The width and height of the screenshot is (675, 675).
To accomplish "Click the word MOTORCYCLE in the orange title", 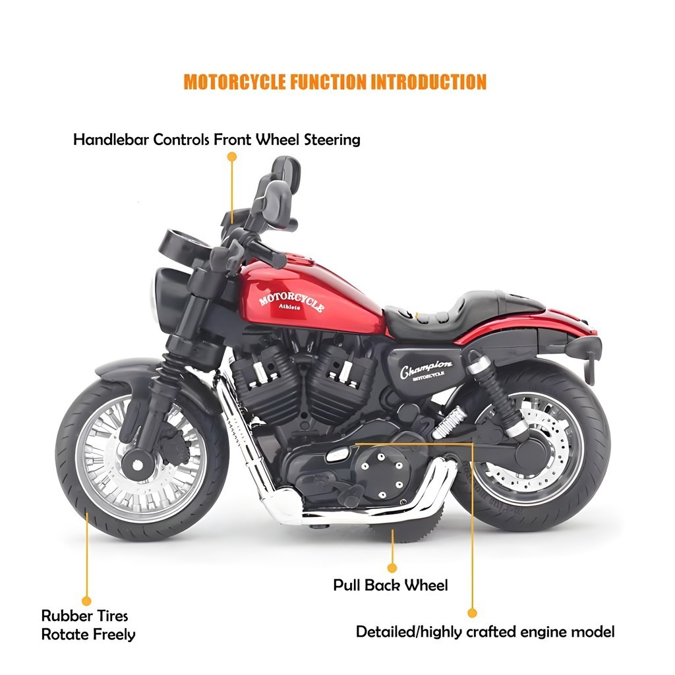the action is (235, 82).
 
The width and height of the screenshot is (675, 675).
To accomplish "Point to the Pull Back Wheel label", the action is (390, 585).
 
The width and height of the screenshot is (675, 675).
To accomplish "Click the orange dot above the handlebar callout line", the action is (232, 157).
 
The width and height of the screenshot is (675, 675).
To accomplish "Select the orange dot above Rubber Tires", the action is (86, 601).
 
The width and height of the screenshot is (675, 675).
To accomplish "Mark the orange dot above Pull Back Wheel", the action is (392, 568).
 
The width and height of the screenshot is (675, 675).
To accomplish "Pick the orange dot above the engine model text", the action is (472, 613).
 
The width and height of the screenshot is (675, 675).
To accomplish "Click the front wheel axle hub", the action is (137, 465).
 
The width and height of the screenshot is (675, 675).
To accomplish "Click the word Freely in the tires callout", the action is (114, 635).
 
